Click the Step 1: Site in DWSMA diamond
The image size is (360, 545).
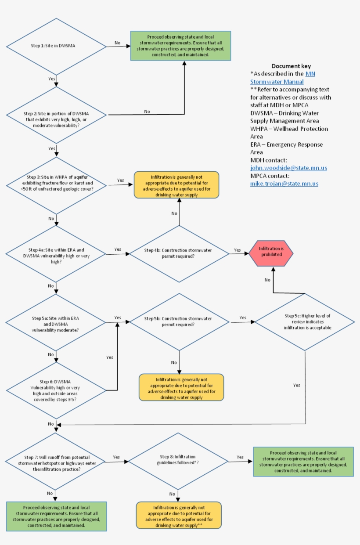[x=56, y=46]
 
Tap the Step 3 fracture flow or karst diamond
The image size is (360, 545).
[x=56, y=185]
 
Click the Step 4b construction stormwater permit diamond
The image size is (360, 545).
[x=179, y=253]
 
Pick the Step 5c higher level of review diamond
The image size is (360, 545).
[x=305, y=322]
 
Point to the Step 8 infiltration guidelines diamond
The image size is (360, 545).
[x=178, y=460]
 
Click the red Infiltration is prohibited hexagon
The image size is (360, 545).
[x=271, y=253]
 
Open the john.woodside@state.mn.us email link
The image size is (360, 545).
[x=288, y=168]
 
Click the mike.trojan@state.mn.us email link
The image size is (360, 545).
[x=284, y=184]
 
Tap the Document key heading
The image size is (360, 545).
[x=291, y=66]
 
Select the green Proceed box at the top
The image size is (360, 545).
[x=180, y=46]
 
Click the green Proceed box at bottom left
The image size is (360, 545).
[x=56, y=516]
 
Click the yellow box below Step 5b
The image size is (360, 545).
[x=181, y=387]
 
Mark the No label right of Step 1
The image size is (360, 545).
[x=118, y=43]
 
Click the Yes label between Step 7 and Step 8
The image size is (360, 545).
[x=116, y=457]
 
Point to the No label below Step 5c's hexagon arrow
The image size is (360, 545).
[x=267, y=280]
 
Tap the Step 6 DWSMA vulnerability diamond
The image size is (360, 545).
[x=56, y=390]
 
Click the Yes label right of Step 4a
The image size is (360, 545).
[x=118, y=249]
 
